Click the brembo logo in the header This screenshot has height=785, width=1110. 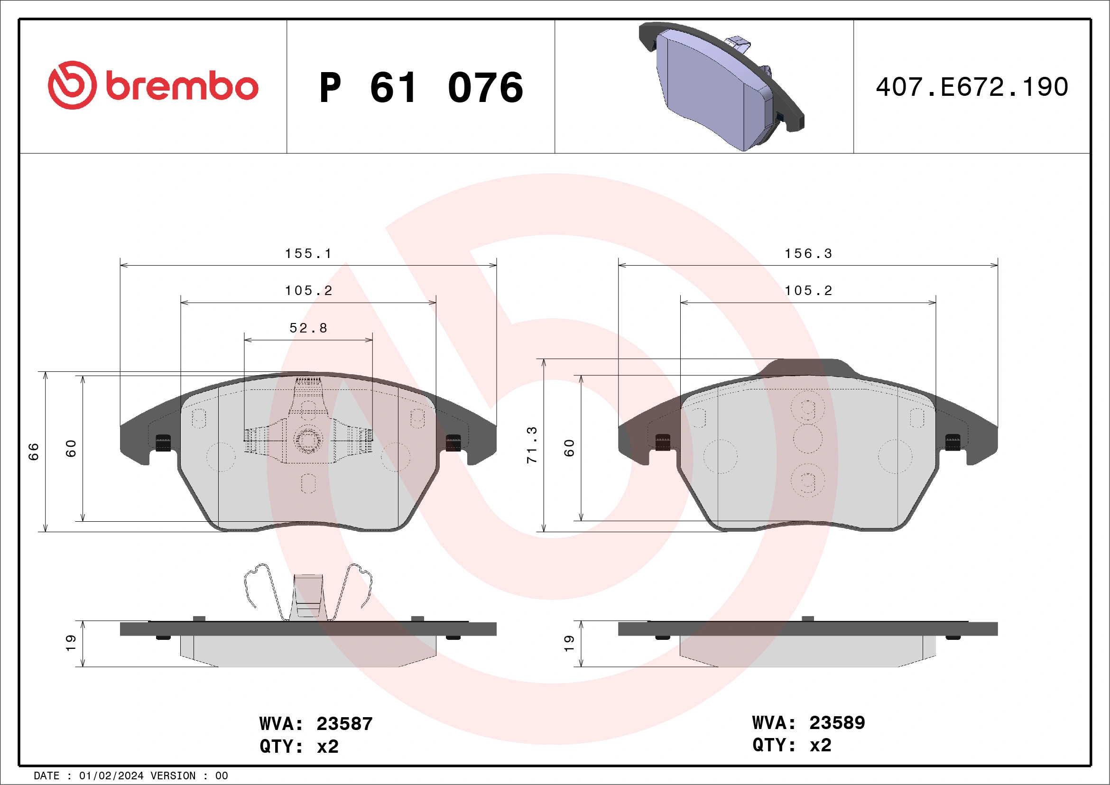[153, 85]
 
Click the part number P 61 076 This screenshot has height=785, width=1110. [421, 87]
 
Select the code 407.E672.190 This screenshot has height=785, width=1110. [972, 87]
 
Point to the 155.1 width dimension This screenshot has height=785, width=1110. [308, 254]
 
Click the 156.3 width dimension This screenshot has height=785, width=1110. [808, 254]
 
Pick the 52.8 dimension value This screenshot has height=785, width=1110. [308, 328]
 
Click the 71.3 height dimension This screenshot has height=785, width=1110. [532, 445]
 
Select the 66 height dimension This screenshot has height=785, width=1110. [33, 452]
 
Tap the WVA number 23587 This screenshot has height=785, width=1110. [344, 724]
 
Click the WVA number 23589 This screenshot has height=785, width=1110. [837, 723]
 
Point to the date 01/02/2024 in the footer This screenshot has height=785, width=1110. [111, 776]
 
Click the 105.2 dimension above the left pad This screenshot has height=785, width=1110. [308, 291]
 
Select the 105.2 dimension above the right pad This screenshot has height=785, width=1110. [808, 291]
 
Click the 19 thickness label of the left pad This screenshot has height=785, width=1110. [71, 643]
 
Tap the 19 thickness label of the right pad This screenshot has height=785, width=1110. [569, 643]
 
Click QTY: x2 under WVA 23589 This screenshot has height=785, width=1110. [791, 745]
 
